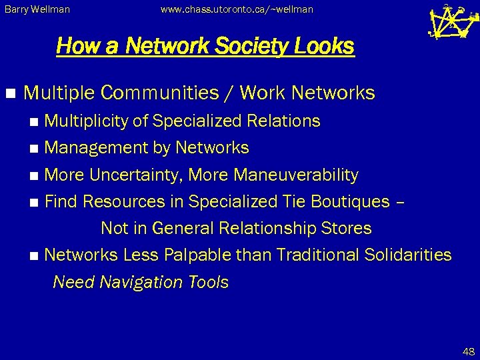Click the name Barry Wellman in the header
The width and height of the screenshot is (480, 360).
(x=37, y=9)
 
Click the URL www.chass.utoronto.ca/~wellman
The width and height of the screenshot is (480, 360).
(x=237, y=9)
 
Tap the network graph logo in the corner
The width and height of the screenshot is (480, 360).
(x=451, y=22)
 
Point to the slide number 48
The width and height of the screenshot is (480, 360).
(x=469, y=352)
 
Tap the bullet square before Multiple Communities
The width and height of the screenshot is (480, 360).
(x=9, y=94)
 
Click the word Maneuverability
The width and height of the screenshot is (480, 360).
(x=296, y=175)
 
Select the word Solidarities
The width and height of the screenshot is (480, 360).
(x=408, y=255)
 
